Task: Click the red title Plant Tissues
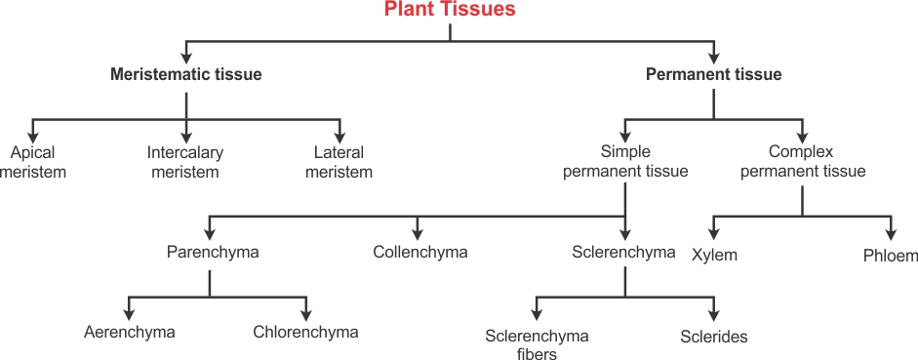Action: pos(450,11)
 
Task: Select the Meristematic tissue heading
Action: pos(185,74)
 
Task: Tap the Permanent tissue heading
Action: pos(713,74)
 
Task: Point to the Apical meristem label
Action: pos(32,162)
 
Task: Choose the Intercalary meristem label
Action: pos(185,162)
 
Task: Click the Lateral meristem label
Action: pos(339,162)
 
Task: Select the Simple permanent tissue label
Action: pos(625,162)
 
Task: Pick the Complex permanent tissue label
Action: pos(803,162)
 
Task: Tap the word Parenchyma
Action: pos(213,253)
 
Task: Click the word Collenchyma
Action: pos(419,253)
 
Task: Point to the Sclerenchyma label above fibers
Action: pos(623,253)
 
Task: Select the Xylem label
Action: pos(714,256)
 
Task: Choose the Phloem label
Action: pos(891,256)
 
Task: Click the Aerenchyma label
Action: pos(129,333)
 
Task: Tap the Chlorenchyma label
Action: pos(305,333)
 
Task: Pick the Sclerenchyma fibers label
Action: pos(537,345)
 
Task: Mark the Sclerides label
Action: pos(714,338)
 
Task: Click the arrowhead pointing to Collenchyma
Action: pos(418,233)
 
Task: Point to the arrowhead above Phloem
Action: pos(891,233)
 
